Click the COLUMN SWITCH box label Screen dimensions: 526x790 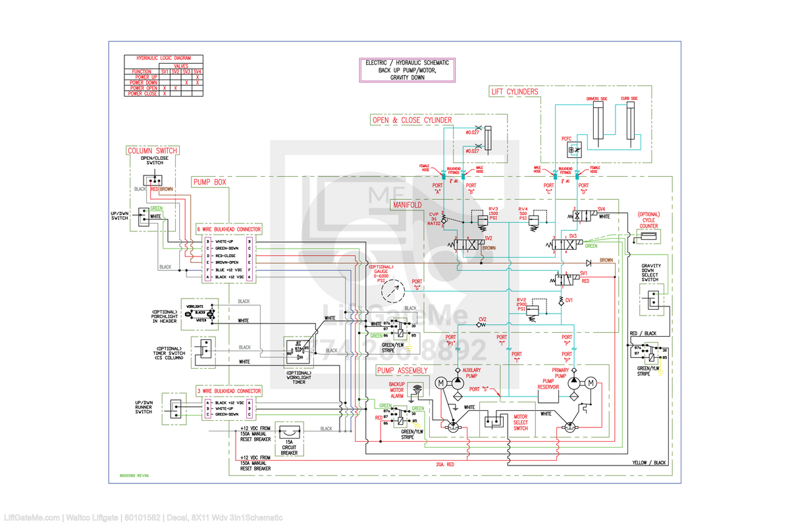(152, 151)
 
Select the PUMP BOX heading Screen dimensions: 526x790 (210, 181)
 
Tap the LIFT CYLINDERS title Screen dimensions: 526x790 (515, 91)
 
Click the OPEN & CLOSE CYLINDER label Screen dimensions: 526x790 (413, 120)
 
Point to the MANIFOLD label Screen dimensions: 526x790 (408, 205)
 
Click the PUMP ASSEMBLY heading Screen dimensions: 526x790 (403, 371)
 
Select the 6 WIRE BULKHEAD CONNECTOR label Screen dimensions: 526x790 (228, 229)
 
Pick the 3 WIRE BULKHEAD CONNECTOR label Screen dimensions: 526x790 (228, 391)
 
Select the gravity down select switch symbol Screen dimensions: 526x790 (650, 300)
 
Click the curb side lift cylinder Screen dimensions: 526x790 (629, 122)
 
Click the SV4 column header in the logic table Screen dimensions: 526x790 (197, 72)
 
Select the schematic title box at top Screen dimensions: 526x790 (407, 70)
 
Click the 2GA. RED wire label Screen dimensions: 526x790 (445, 464)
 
